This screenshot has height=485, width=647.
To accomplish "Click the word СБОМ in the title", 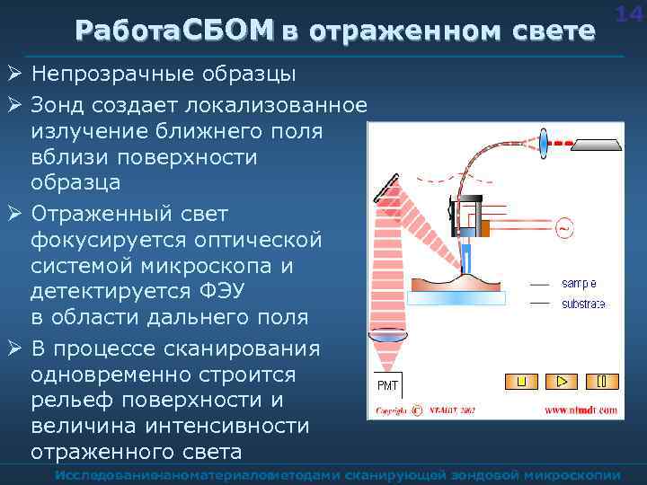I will (226, 31).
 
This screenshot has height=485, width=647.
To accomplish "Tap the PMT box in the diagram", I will (387, 385).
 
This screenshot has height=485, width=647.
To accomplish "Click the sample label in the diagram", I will (580, 283).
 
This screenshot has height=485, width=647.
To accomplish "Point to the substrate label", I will (583, 304).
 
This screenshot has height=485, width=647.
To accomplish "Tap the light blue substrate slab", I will (459, 297).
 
